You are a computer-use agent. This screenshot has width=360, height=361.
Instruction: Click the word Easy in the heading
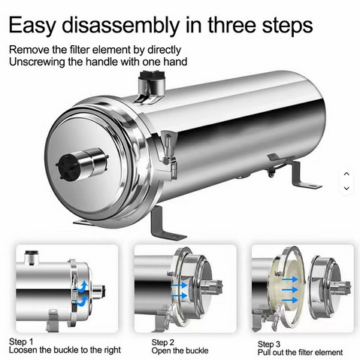(x=32, y=25)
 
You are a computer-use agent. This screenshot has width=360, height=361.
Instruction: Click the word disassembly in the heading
(x=121, y=25)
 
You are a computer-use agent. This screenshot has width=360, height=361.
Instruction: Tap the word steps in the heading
(x=287, y=26)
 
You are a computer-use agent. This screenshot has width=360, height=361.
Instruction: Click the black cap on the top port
(x=153, y=74)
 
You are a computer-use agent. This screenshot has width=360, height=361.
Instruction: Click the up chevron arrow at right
(x=346, y=174)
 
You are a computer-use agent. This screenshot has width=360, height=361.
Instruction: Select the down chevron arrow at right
(x=346, y=188)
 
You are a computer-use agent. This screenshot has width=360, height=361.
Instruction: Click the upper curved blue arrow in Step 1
(x=83, y=286)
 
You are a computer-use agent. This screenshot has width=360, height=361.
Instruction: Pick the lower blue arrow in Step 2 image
(x=180, y=296)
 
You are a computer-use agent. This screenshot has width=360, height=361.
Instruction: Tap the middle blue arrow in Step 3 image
(x=290, y=290)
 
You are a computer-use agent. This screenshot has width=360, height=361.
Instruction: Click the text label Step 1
(x=21, y=342)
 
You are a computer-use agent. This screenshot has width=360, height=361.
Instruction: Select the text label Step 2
(x=162, y=342)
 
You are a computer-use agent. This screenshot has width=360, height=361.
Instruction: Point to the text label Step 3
(x=269, y=344)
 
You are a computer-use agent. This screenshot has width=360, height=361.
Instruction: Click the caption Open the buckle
(x=180, y=350)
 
